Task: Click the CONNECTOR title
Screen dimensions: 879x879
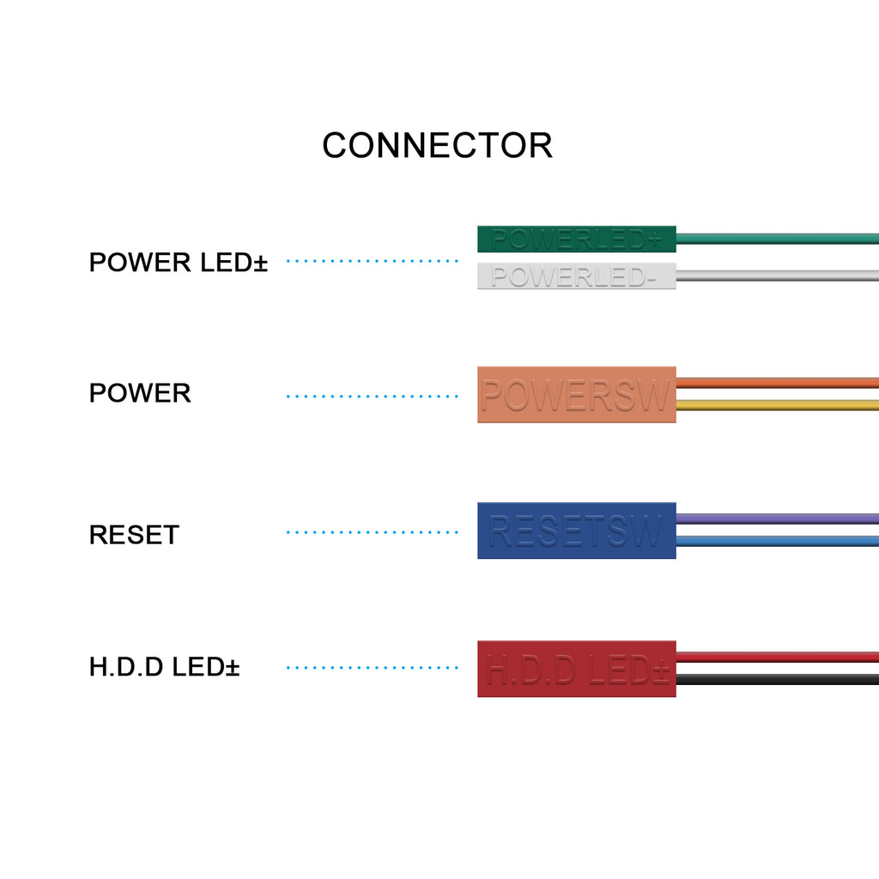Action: click(437, 146)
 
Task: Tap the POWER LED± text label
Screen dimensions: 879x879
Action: click(179, 263)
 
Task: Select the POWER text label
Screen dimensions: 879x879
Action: click(140, 393)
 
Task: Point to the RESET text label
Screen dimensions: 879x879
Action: click(134, 535)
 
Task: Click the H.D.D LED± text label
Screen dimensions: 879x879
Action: click(164, 667)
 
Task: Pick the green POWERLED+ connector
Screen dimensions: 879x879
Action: click(576, 239)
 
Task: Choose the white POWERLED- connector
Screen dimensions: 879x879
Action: click(576, 276)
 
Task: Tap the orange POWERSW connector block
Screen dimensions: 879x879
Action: click(576, 395)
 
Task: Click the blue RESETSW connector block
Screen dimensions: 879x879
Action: click(576, 530)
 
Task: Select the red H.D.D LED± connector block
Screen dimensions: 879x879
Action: click(576, 669)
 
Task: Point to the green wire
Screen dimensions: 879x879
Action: click(777, 239)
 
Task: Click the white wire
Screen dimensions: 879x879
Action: click(777, 276)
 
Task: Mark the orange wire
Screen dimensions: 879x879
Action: click(777, 383)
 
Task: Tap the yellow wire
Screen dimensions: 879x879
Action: click(777, 405)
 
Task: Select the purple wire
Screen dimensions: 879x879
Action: click(777, 518)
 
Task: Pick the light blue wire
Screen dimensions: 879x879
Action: click(777, 541)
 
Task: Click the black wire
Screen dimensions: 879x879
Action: click(777, 679)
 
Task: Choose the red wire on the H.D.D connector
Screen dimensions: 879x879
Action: click(777, 657)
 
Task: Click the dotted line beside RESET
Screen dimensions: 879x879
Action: click(373, 532)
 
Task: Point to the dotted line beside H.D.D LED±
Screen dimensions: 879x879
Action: click(373, 667)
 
